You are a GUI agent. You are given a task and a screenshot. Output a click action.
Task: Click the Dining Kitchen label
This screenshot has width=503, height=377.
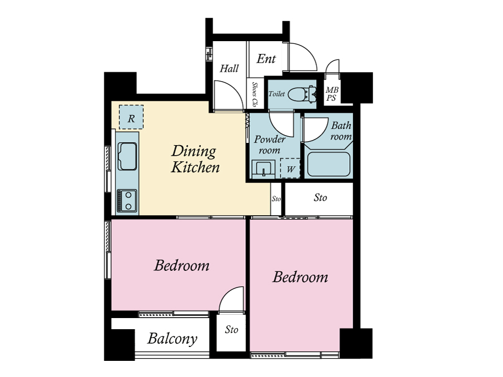point(195,159)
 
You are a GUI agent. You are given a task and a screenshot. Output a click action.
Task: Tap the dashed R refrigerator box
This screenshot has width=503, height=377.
point(131,117)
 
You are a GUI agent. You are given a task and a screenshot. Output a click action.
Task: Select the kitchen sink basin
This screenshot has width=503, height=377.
point(127,156)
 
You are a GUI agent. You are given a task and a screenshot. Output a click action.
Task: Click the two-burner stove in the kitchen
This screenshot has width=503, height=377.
point(127,201)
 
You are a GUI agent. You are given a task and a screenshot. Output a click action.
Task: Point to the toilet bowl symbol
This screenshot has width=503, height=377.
point(302,95)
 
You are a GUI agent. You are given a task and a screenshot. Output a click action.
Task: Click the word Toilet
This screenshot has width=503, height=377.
point(277,93)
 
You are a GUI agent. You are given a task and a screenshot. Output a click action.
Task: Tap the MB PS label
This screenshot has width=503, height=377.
point(332,93)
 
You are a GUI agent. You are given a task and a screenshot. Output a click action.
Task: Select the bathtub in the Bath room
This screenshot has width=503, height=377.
point(328,163)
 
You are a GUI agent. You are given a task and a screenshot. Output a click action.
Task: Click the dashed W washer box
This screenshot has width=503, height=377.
point(290,168)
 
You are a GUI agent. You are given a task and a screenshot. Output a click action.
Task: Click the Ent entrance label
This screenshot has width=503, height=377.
point(267,59)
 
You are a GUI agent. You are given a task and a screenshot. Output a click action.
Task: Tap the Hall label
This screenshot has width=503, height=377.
point(229,68)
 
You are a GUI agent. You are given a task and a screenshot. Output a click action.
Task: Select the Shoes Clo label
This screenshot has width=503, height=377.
point(255,95)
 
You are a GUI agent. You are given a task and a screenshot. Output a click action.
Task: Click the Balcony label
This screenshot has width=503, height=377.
point(172,339)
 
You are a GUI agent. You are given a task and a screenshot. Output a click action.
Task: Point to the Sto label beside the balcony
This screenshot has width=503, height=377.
point(231,329)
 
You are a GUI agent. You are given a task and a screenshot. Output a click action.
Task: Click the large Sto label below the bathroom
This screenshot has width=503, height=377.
point(320,197)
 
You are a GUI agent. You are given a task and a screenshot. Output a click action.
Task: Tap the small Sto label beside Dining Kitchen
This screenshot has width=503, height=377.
point(276,199)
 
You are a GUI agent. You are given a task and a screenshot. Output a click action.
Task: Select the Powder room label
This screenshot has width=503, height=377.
point(269,145)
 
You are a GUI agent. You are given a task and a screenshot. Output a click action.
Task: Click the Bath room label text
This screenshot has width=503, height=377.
point(341,131)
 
